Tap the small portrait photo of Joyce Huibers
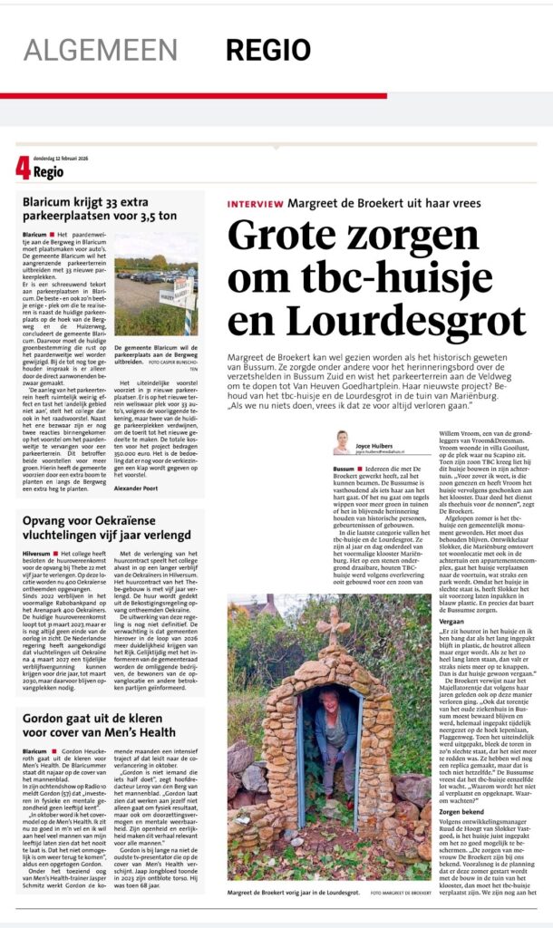342,442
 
